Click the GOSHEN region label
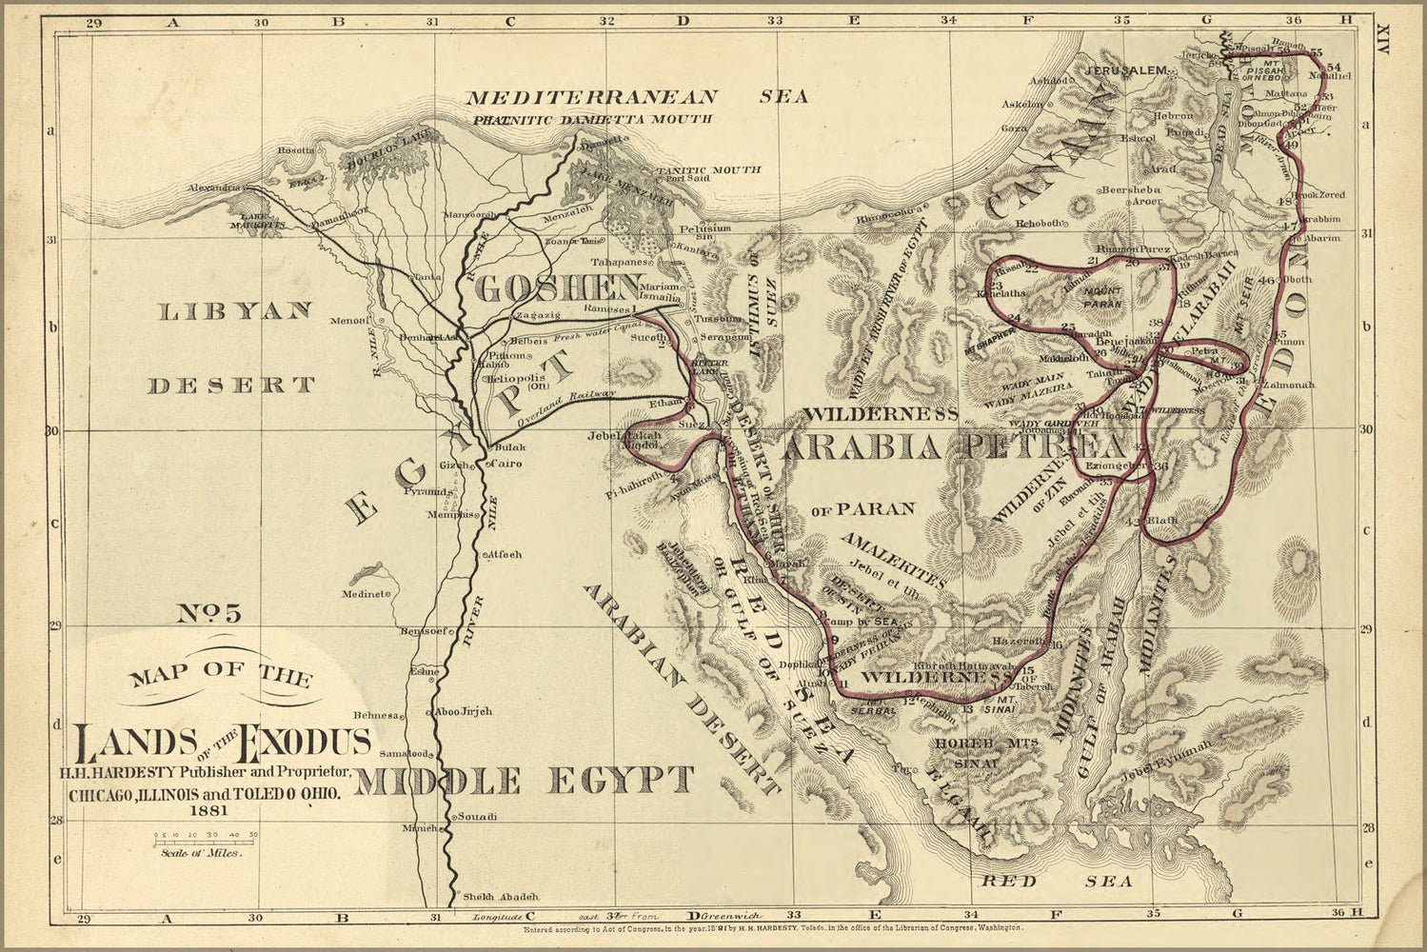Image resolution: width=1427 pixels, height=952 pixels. (558, 287)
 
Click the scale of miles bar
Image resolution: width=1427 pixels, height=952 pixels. (206, 841)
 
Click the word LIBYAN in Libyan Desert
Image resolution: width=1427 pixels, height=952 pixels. (234, 311)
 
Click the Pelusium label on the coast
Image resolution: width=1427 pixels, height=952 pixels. (705, 228)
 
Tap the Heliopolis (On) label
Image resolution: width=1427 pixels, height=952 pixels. (517, 379)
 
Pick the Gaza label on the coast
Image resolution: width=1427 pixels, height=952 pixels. (1014, 127)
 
